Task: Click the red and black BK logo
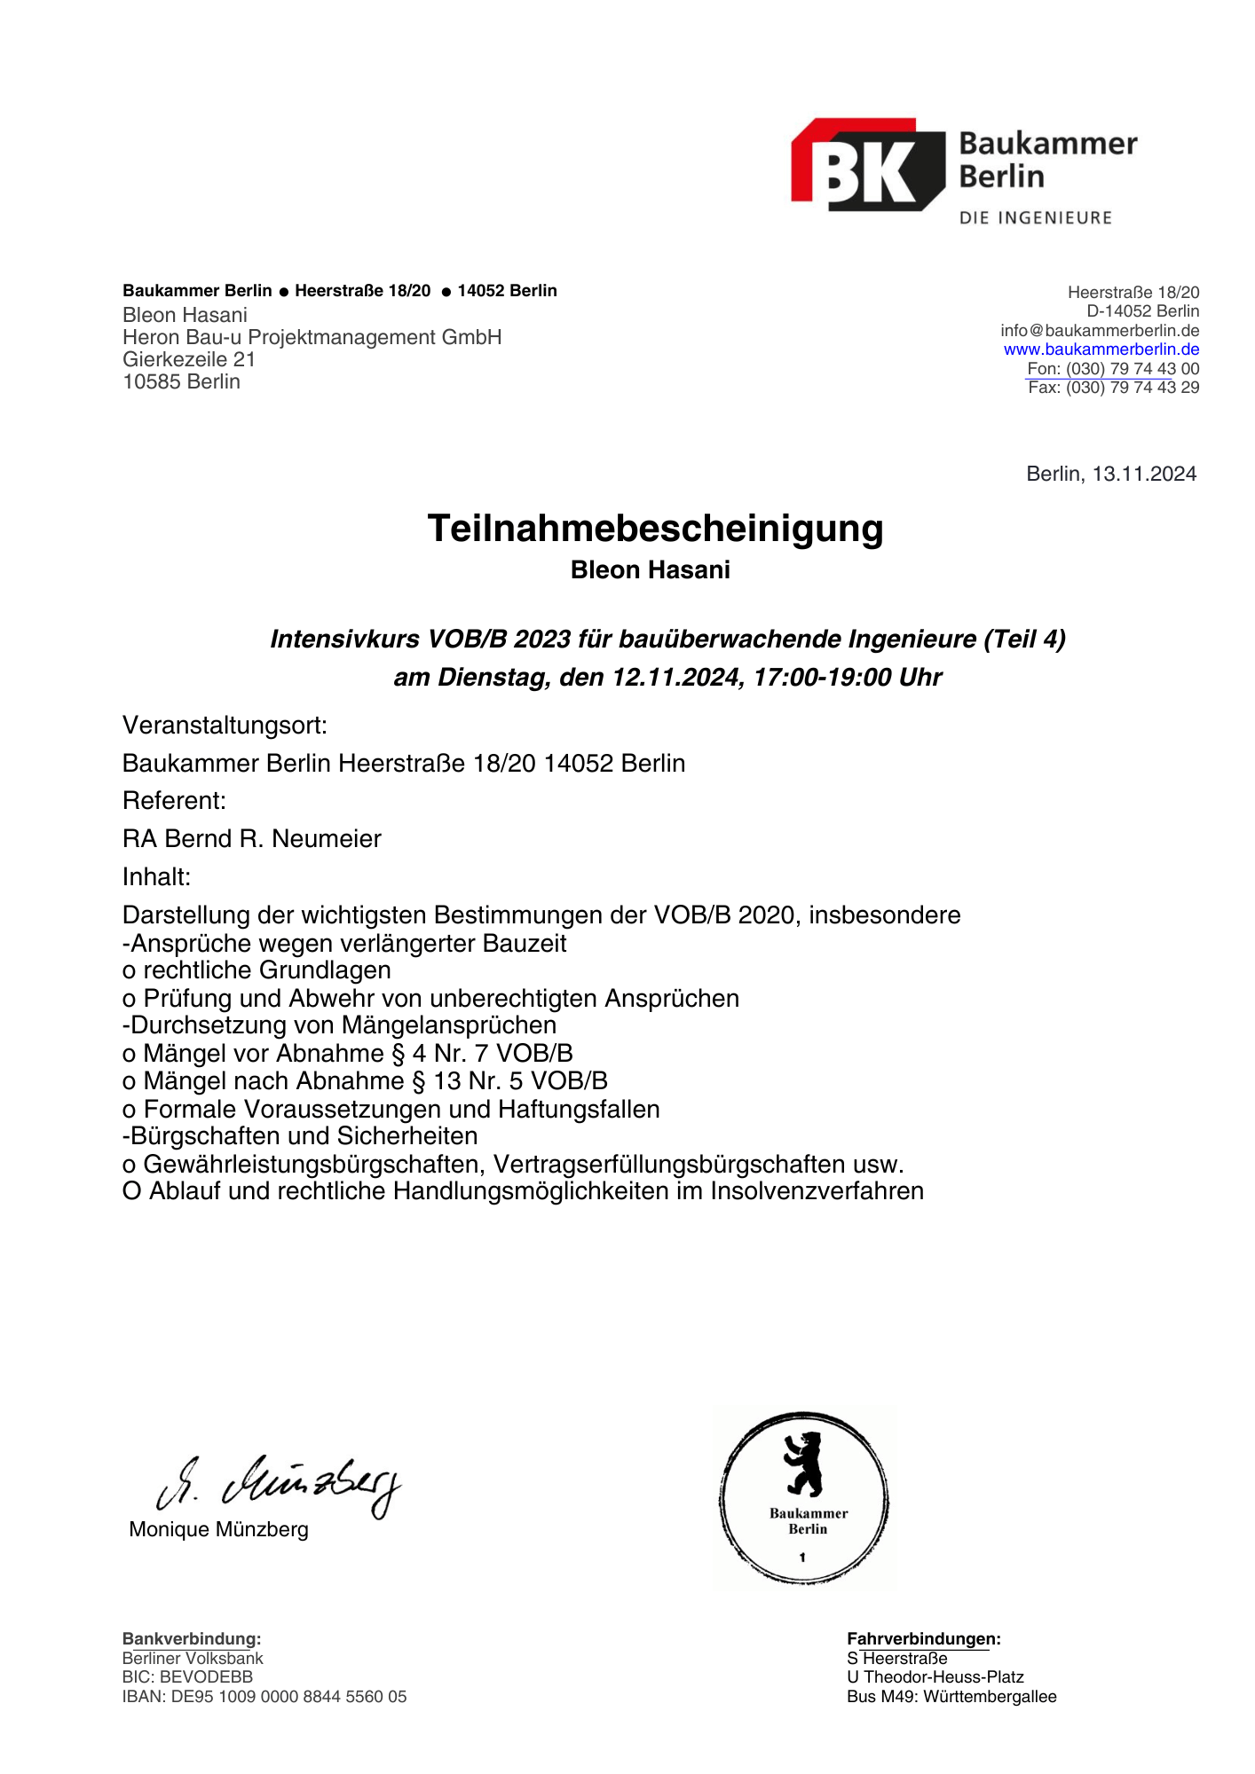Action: click(867, 166)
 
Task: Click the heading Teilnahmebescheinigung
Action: click(655, 529)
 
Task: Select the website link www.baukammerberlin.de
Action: click(1101, 349)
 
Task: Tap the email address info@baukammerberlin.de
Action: click(1100, 331)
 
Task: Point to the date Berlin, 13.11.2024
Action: click(1110, 474)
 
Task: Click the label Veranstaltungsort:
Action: click(225, 726)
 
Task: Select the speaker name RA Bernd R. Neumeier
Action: click(252, 839)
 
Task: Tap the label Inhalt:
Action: click(157, 877)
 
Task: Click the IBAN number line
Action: click(264, 1697)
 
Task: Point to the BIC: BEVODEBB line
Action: click(187, 1677)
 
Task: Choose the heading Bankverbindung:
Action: click(192, 1639)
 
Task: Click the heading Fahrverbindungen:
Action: click(923, 1639)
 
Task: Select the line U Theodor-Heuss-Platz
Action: click(935, 1677)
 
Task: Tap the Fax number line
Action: click(1113, 388)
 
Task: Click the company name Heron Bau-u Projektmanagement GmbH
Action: click(312, 338)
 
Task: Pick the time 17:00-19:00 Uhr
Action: click(848, 678)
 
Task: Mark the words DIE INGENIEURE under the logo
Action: click(1035, 218)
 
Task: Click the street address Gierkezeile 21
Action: click(189, 360)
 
